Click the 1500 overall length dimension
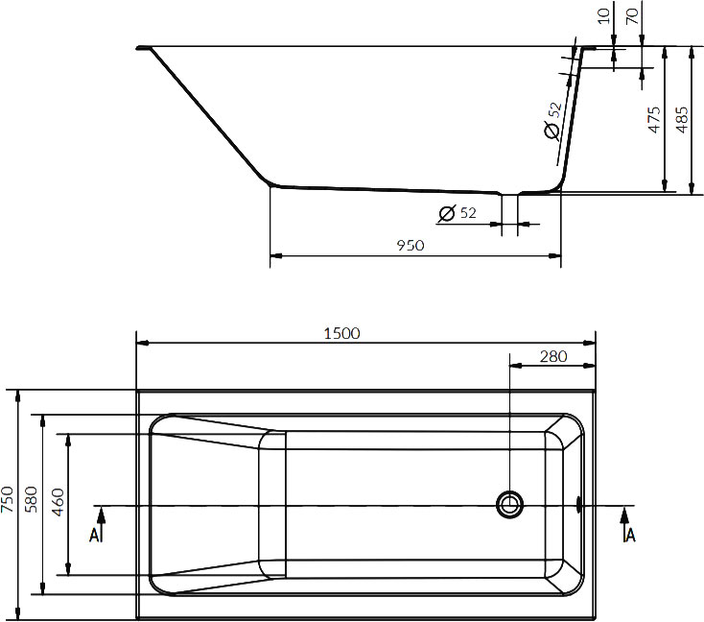pyautogui.click(x=342, y=333)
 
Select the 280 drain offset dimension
pyautogui.click(x=552, y=357)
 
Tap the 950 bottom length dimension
pyautogui.click(x=410, y=246)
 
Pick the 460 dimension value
pyautogui.click(x=57, y=503)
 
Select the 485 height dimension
pyautogui.click(x=682, y=118)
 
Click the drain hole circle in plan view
pyautogui.click(x=510, y=503)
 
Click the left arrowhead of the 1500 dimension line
pyautogui.click(x=142, y=343)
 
